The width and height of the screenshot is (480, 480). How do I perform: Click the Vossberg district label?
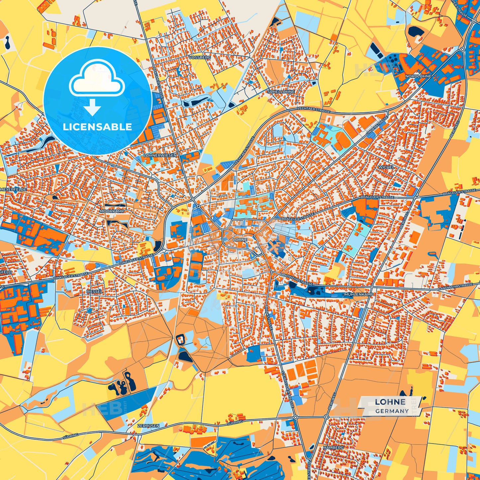(199, 57)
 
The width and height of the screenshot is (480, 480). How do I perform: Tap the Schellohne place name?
(281, 92)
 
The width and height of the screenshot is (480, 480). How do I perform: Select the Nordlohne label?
(418, 76)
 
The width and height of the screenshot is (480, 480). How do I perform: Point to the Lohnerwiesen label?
(160, 155)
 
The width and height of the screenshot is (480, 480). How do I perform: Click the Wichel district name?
(386, 167)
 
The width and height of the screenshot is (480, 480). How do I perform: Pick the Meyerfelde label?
(13, 189)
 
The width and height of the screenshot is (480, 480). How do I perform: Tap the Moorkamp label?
(107, 211)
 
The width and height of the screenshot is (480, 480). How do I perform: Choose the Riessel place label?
(94, 291)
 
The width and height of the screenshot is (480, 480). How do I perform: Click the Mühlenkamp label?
(359, 294)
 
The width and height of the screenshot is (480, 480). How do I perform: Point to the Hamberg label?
(334, 447)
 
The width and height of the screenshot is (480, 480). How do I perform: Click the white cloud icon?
(97, 80)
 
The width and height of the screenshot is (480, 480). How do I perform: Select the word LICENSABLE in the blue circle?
(97, 127)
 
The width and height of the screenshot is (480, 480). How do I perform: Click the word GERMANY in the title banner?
(392, 411)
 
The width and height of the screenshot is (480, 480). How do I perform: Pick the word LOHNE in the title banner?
(390, 402)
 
